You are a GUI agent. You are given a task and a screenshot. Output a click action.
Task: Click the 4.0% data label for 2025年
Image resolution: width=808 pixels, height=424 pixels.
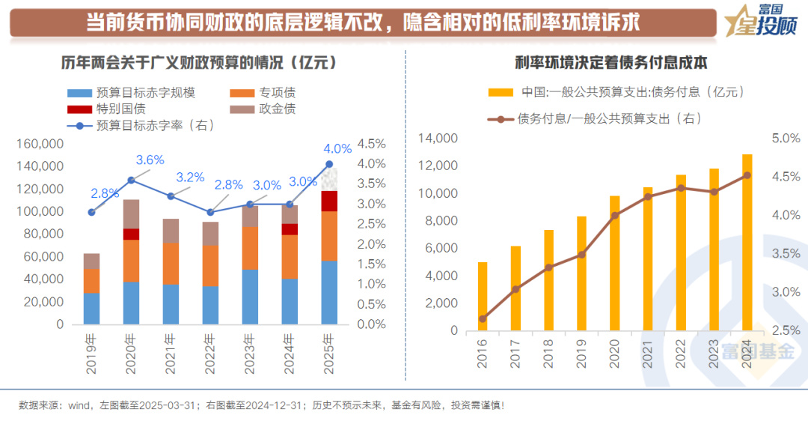[x=337, y=148]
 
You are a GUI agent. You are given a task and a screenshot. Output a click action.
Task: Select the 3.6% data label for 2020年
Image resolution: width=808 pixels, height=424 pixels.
[x=150, y=160]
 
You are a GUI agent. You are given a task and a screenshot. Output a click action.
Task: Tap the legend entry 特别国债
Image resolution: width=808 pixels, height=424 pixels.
[x=120, y=109]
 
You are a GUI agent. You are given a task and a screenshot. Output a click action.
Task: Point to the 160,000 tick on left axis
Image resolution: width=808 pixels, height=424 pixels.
[x=40, y=144]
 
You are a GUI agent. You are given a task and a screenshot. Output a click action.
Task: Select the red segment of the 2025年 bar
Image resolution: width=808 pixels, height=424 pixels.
[x=329, y=202]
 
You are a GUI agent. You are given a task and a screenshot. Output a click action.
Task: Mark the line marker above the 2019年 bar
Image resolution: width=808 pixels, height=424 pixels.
[x=91, y=212]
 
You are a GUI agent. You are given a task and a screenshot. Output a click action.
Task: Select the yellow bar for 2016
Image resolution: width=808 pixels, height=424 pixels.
[x=483, y=296]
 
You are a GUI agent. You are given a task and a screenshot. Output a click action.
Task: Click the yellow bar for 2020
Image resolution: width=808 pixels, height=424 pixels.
[x=615, y=263]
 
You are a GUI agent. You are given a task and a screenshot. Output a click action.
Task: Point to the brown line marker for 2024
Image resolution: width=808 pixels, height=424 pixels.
[x=747, y=175]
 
